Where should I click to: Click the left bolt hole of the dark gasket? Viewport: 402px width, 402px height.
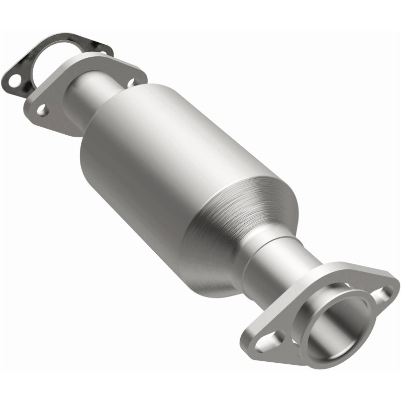[x=15, y=79]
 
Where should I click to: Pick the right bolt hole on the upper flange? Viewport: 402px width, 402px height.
[x=132, y=82]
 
